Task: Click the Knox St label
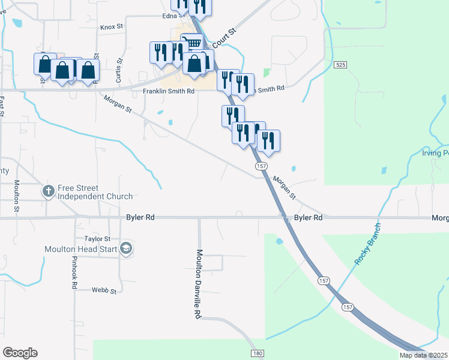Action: pos(112,27)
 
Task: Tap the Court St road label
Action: pos(221,36)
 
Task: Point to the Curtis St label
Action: pos(119,70)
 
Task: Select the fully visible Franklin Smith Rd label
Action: pos(169,91)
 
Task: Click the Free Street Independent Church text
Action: pos(95,192)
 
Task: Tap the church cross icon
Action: pos(48,192)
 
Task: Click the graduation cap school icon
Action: pos(125,248)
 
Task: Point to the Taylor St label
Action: pos(98,238)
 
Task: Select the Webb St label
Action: pos(103,290)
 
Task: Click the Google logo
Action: pos(20,353)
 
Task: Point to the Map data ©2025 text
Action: pos(423,355)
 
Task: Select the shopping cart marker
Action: pos(191,44)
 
